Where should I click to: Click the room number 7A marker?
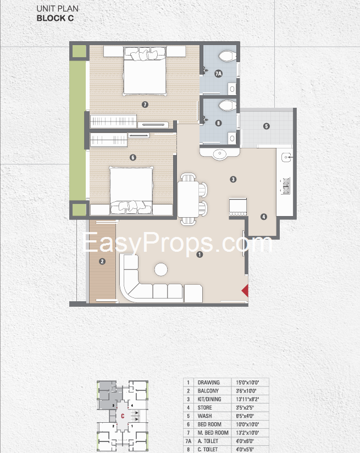pos(218,74)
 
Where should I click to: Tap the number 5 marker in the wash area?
pos(267,126)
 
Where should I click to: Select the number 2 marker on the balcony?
pos(102,262)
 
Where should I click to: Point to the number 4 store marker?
pos(263,217)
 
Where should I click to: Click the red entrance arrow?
pos(245,291)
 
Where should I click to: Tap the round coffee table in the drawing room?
pos(161,269)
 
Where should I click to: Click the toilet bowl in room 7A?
pos(227,56)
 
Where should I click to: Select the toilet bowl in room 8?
pos(227,106)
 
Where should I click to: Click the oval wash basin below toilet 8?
pos(220,153)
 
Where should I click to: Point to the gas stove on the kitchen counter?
pos(285,186)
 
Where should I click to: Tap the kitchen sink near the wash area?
pos(286,157)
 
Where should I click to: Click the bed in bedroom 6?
pos(131,190)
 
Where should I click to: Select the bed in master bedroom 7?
pos(145,71)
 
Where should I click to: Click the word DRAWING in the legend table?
pos(209,383)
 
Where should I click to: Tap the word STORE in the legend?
pos(205,407)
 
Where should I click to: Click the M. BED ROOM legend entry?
pos(213,433)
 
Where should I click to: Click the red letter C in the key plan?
pos(123,416)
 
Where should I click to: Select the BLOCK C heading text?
pos(55,18)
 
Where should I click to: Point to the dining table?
pos(188,199)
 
